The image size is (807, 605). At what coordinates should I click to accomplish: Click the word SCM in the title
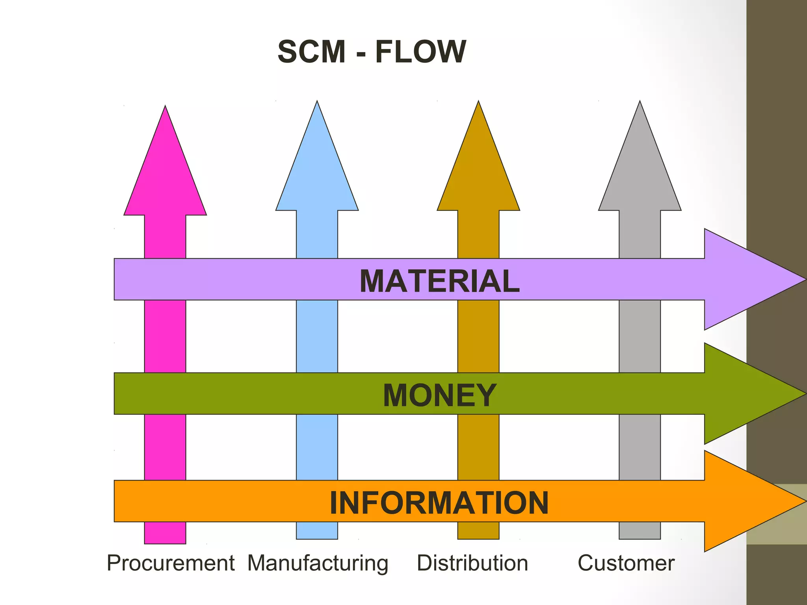coord(311,52)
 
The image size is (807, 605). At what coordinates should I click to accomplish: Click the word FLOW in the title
coord(420,52)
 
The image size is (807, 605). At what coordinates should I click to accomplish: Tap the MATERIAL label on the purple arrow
coord(439,281)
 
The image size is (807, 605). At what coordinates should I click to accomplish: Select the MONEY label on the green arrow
coord(439,395)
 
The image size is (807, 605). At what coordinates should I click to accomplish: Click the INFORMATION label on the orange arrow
coord(439,503)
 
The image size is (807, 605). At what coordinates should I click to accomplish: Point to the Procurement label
coord(171,563)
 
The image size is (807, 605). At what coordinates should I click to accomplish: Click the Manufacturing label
coord(318,563)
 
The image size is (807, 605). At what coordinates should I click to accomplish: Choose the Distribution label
coord(472,563)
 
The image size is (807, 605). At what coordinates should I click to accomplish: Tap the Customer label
coord(626,563)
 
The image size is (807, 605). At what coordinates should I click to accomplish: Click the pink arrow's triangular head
coord(165,177)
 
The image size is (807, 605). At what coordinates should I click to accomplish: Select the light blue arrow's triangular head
coord(317,173)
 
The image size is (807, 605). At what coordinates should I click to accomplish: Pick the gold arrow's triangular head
coord(478,173)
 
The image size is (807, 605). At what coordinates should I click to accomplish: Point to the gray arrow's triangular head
coord(640,173)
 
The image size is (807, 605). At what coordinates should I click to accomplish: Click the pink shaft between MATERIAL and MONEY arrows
coord(165,336)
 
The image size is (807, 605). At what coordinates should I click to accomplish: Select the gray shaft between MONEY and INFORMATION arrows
coord(640,447)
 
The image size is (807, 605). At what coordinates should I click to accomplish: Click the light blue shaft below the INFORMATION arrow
coord(317,531)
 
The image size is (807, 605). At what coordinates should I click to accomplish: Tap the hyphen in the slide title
coord(361,54)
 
